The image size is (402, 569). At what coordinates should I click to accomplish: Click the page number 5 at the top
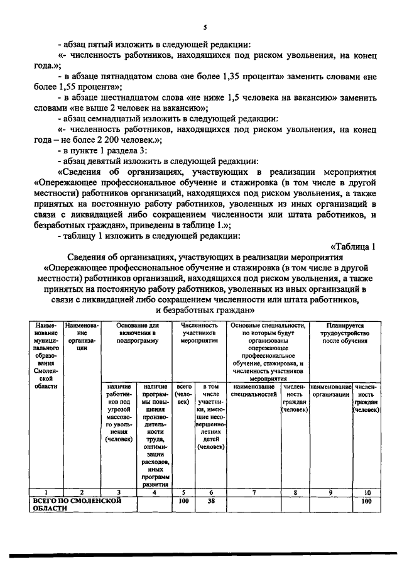[205, 27]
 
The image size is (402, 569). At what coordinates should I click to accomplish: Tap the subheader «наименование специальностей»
[253, 390]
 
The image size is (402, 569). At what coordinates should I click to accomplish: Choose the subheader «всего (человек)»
[184, 394]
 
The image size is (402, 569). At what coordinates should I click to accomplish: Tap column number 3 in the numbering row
[119, 492]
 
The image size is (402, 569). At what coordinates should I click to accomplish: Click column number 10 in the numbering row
[366, 492]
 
